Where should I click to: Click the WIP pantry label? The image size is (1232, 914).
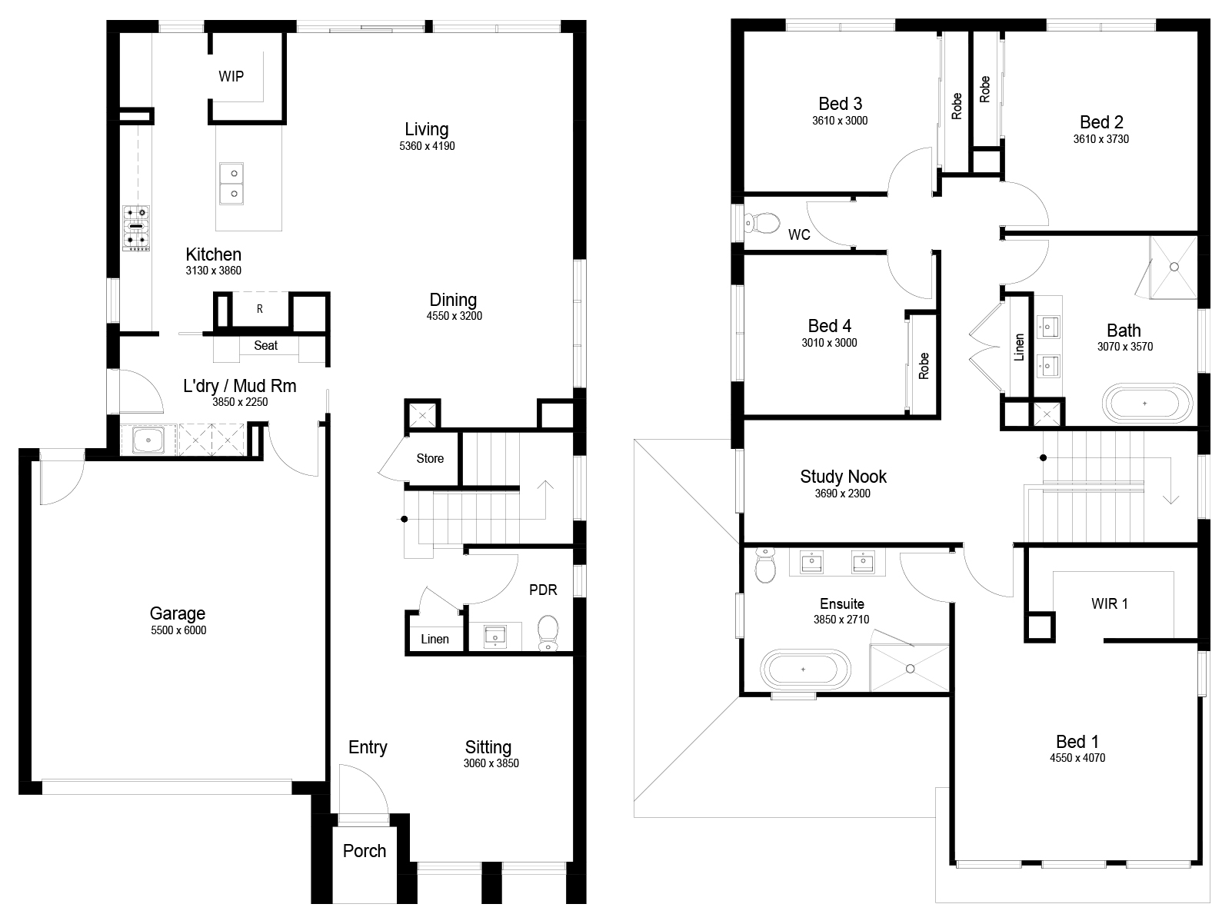[x=231, y=77]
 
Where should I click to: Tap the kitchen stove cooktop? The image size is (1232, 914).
[x=136, y=227]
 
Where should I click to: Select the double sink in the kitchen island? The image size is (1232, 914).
[x=231, y=183]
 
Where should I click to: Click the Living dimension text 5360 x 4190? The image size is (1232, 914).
[x=427, y=146]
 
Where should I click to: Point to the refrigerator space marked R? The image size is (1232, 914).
[x=259, y=309]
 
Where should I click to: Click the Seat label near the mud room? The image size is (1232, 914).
[x=265, y=345]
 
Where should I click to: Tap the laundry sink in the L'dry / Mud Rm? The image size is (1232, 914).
[x=148, y=440]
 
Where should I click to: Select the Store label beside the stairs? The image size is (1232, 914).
[x=430, y=459]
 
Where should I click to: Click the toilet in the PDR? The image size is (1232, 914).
[x=548, y=633]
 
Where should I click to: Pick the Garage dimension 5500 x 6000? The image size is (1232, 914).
[x=178, y=630]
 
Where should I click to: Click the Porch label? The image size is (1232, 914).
[x=365, y=851]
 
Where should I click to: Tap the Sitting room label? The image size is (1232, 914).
[x=488, y=747]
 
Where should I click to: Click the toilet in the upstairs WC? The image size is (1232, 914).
[x=763, y=223]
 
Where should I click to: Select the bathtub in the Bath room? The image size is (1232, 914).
[x=1147, y=404]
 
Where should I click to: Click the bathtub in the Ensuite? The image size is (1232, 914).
[x=805, y=670]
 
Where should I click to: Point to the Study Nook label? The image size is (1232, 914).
[x=843, y=477]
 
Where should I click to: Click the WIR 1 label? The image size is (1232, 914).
[x=1109, y=603]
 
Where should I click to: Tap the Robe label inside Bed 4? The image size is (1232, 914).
[x=924, y=366]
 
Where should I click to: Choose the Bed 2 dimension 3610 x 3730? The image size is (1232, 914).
[x=1101, y=139]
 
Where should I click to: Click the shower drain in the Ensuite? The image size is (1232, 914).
[x=910, y=669]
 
